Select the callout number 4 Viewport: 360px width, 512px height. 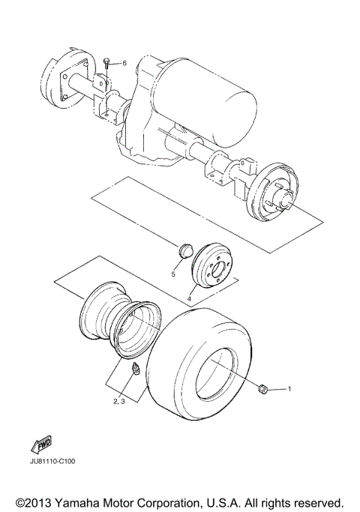tap(189, 301)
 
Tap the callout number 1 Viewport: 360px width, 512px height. tap(290, 390)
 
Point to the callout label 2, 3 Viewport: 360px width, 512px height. tap(119, 403)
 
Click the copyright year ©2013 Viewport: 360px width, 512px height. tap(34, 500)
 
